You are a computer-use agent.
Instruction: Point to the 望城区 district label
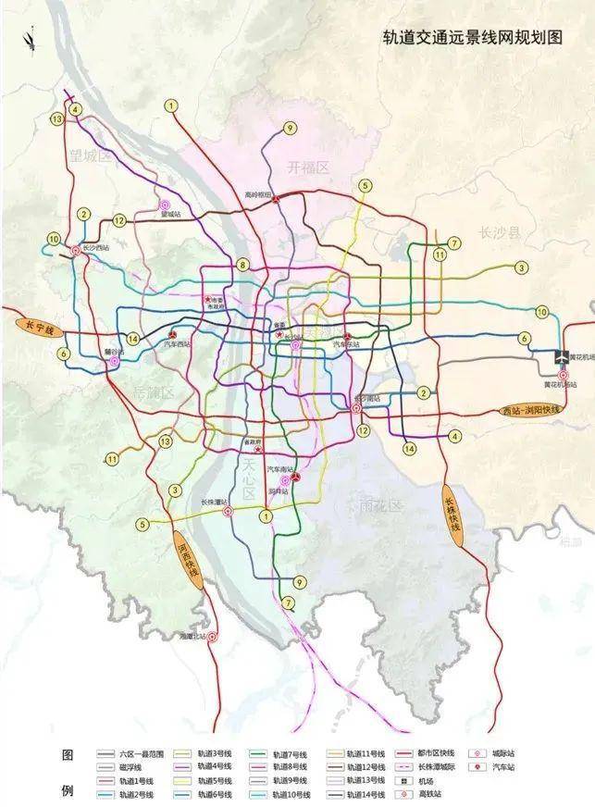(x=90, y=157)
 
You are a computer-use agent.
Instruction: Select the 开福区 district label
(x=307, y=168)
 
